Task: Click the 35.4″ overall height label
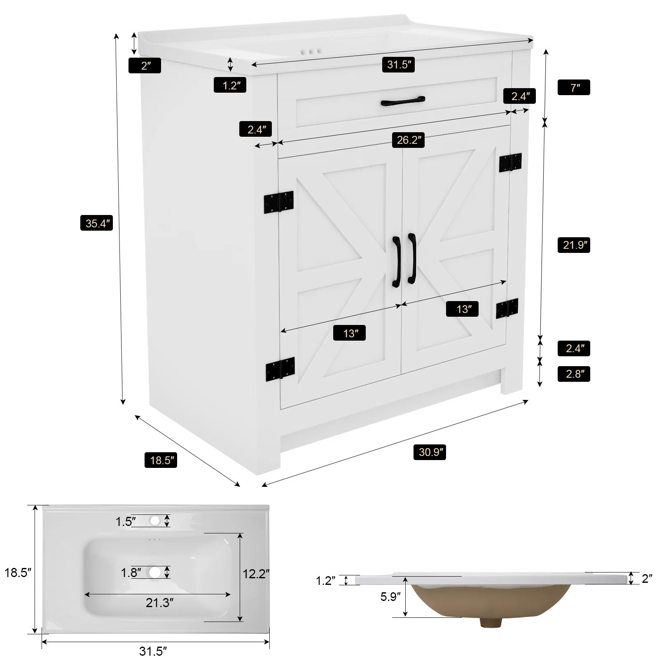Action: pyautogui.click(x=96, y=224)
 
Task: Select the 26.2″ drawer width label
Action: pyautogui.click(x=408, y=140)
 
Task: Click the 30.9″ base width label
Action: pyautogui.click(x=430, y=452)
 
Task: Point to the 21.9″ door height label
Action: pyautogui.click(x=574, y=245)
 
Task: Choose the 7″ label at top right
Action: pyautogui.click(x=574, y=87)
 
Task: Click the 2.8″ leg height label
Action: pyautogui.click(x=574, y=374)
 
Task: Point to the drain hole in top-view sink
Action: pyautogui.click(x=155, y=572)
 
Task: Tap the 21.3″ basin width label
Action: pyautogui.click(x=159, y=603)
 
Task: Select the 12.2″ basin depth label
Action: pyautogui.click(x=256, y=574)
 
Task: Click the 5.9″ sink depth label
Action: pyautogui.click(x=390, y=596)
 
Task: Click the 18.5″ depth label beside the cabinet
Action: pyautogui.click(x=161, y=460)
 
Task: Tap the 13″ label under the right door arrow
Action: pyautogui.click(x=462, y=309)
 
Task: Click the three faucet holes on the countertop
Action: pyautogui.click(x=311, y=52)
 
